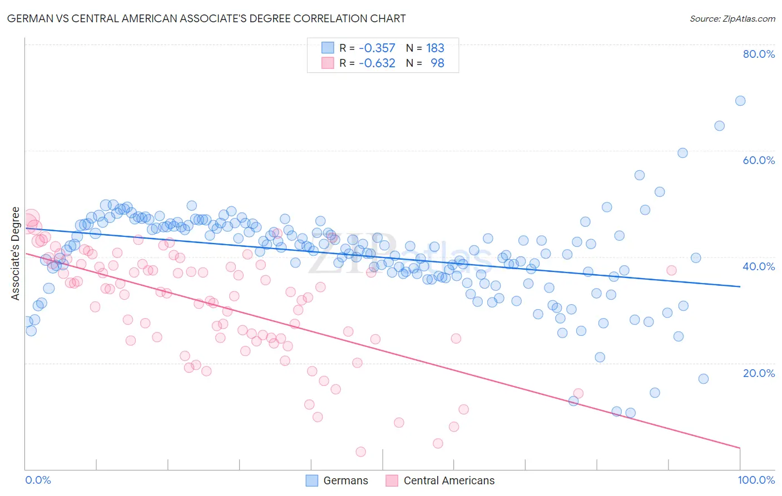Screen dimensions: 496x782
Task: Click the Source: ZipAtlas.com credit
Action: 732,18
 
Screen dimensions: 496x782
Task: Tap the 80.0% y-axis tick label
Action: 759,54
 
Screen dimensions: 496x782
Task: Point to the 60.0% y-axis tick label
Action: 759,160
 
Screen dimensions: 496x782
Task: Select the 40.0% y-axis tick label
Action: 759,266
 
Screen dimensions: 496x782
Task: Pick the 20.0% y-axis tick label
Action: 759,373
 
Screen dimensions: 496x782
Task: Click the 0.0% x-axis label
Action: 38,480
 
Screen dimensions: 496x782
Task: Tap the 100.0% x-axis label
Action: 756,480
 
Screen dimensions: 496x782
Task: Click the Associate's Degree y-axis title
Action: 16,254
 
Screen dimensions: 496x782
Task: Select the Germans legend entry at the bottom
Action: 337,480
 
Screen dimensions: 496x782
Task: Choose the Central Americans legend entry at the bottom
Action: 439,480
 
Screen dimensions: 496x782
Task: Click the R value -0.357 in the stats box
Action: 377,48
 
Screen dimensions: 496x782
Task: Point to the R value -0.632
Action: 377,63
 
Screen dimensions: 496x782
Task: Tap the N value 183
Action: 435,48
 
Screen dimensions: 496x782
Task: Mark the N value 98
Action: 437,63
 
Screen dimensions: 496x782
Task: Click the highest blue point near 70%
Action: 740,101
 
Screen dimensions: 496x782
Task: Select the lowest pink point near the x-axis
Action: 360,452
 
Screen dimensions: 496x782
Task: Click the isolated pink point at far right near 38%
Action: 671,270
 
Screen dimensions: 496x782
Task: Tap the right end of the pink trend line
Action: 740,448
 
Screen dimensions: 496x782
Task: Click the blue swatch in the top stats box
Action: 328,48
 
